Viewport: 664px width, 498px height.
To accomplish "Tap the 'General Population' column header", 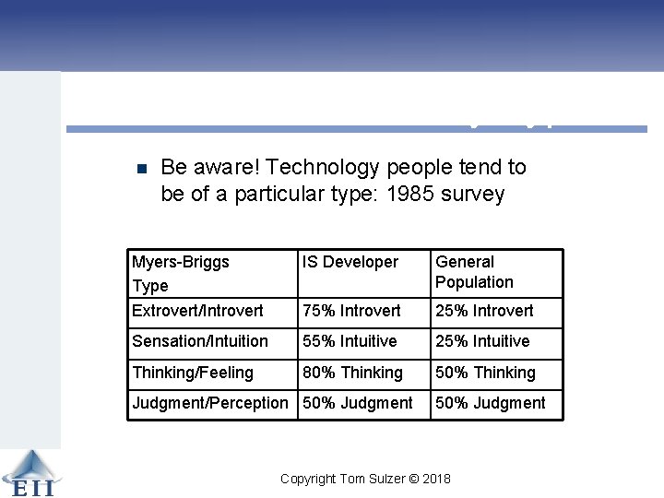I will (x=474, y=272).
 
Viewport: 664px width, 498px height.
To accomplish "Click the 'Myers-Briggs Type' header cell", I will (x=181, y=273).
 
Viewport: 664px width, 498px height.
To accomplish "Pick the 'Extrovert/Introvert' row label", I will (x=197, y=312).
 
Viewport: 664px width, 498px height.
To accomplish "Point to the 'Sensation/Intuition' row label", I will (x=200, y=341).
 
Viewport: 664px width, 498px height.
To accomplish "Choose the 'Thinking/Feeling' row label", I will (x=193, y=373).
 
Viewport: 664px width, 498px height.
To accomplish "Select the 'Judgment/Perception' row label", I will (x=210, y=403).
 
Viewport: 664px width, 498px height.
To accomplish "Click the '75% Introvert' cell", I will (x=351, y=312).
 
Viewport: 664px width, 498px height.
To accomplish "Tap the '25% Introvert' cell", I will (x=484, y=312).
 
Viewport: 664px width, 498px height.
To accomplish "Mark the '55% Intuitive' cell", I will (x=350, y=341).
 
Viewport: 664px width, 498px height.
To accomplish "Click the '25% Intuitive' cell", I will (x=482, y=341).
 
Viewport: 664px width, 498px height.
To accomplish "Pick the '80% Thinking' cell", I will (x=352, y=373).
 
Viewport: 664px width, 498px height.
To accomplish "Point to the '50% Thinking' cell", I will (x=485, y=373).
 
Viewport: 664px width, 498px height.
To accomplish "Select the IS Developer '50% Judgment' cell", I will (x=357, y=403).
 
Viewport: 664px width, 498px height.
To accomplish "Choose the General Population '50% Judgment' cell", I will (x=490, y=403).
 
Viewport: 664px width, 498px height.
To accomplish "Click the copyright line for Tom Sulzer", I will (x=365, y=479).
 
